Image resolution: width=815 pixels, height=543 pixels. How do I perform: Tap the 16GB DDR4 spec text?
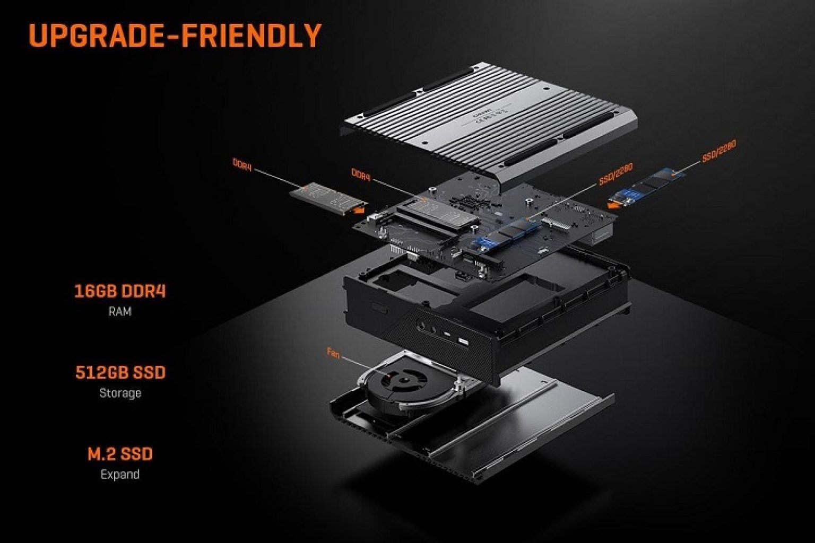click(120, 291)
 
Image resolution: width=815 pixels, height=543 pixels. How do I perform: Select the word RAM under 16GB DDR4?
click(120, 312)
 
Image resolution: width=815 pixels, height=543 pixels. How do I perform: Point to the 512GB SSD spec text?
click(120, 373)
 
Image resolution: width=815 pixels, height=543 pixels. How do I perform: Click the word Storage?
click(120, 393)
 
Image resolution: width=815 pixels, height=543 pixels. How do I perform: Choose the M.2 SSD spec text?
click(120, 454)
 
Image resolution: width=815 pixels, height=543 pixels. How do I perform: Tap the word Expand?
click(120, 474)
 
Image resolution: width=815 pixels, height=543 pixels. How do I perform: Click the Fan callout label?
click(333, 354)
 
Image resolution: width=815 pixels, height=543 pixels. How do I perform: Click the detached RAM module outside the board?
click(326, 197)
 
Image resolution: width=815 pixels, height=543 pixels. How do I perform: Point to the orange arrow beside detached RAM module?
click(360, 210)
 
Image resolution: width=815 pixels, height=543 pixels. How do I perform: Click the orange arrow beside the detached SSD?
click(615, 201)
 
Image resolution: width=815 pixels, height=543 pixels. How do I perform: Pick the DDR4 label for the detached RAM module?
click(242, 164)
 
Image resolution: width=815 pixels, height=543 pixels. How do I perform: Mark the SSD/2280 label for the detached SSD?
click(719, 151)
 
